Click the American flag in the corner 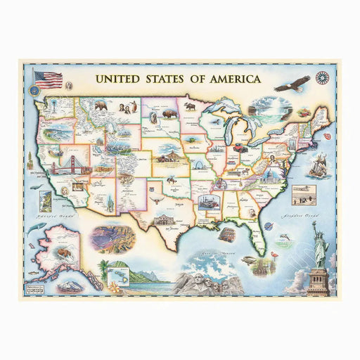49,79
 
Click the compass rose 322,78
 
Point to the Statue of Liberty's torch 314,224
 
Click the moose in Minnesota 190,108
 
